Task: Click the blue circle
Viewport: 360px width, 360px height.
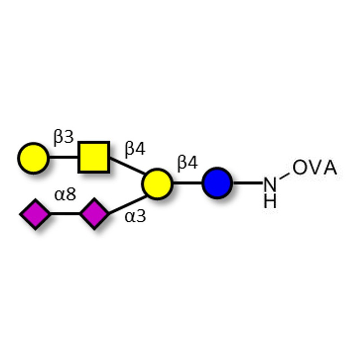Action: click(x=217, y=183)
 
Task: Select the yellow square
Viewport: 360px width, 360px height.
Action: click(x=94, y=157)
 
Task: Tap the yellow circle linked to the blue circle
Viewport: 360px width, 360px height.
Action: click(x=157, y=184)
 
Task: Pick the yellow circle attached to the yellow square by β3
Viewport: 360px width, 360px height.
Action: click(x=33, y=158)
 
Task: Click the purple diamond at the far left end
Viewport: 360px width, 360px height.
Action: click(x=35, y=214)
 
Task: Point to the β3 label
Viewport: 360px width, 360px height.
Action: click(x=63, y=138)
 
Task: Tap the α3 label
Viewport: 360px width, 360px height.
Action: click(x=135, y=216)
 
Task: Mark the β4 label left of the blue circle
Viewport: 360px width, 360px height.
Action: click(x=187, y=163)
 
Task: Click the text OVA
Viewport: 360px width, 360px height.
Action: click(x=315, y=168)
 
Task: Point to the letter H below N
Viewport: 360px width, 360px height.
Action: click(x=270, y=201)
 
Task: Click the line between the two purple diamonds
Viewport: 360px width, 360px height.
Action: click(x=65, y=214)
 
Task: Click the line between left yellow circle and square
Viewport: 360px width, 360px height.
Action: click(x=63, y=158)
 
